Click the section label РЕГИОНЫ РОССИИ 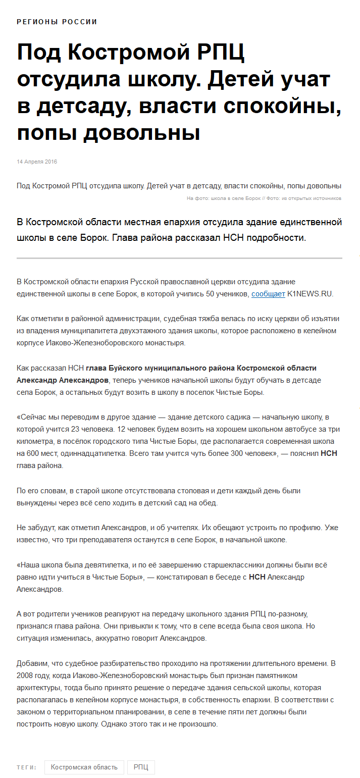pos(57,22)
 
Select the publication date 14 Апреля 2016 pos(37,162)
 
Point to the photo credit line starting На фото pos(264,198)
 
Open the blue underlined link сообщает pos(268,294)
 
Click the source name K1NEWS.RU pos(310,294)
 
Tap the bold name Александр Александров pos(63,380)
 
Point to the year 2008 pos(25,675)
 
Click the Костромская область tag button pos(84,767)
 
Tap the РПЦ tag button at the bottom pos(141,767)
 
